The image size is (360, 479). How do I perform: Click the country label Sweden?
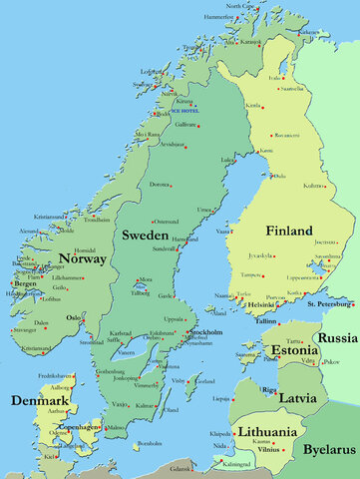(x=145, y=235)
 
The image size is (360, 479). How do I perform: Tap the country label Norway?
(x=82, y=259)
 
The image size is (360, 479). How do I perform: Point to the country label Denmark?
(x=39, y=401)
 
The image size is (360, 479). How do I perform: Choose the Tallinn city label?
(x=264, y=321)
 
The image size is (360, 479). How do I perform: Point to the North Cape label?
(x=239, y=6)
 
